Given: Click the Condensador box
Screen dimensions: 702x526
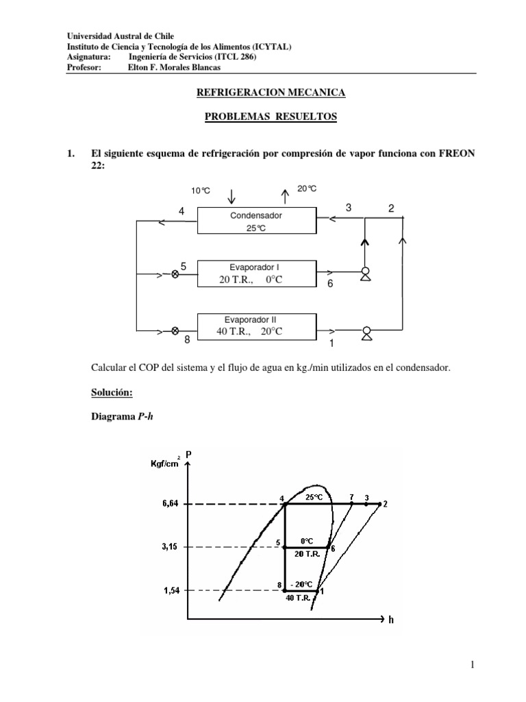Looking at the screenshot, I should [x=256, y=221].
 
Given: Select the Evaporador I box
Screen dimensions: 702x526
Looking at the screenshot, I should [x=256, y=274].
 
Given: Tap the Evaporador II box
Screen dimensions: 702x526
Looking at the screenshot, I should [x=256, y=326].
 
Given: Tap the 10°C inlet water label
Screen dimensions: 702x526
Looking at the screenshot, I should [x=201, y=191].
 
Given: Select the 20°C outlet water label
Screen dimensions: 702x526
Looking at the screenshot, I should [x=306, y=188].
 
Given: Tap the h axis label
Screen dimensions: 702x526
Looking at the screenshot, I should [x=391, y=620].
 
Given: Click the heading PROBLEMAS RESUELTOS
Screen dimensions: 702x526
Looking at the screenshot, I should [x=271, y=117].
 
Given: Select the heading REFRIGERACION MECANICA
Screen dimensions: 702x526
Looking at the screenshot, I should [x=271, y=91].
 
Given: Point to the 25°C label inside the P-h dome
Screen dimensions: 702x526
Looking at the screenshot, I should [x=314, y=498].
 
